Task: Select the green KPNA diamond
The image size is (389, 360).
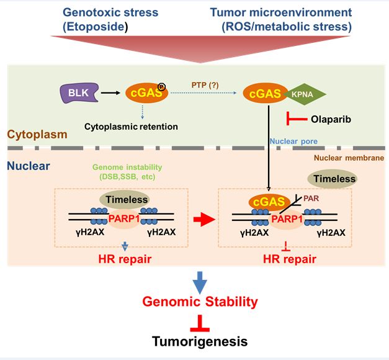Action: (305, 96)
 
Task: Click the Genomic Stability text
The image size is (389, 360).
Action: (200, 302)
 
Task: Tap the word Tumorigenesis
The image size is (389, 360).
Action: (200, 341)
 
